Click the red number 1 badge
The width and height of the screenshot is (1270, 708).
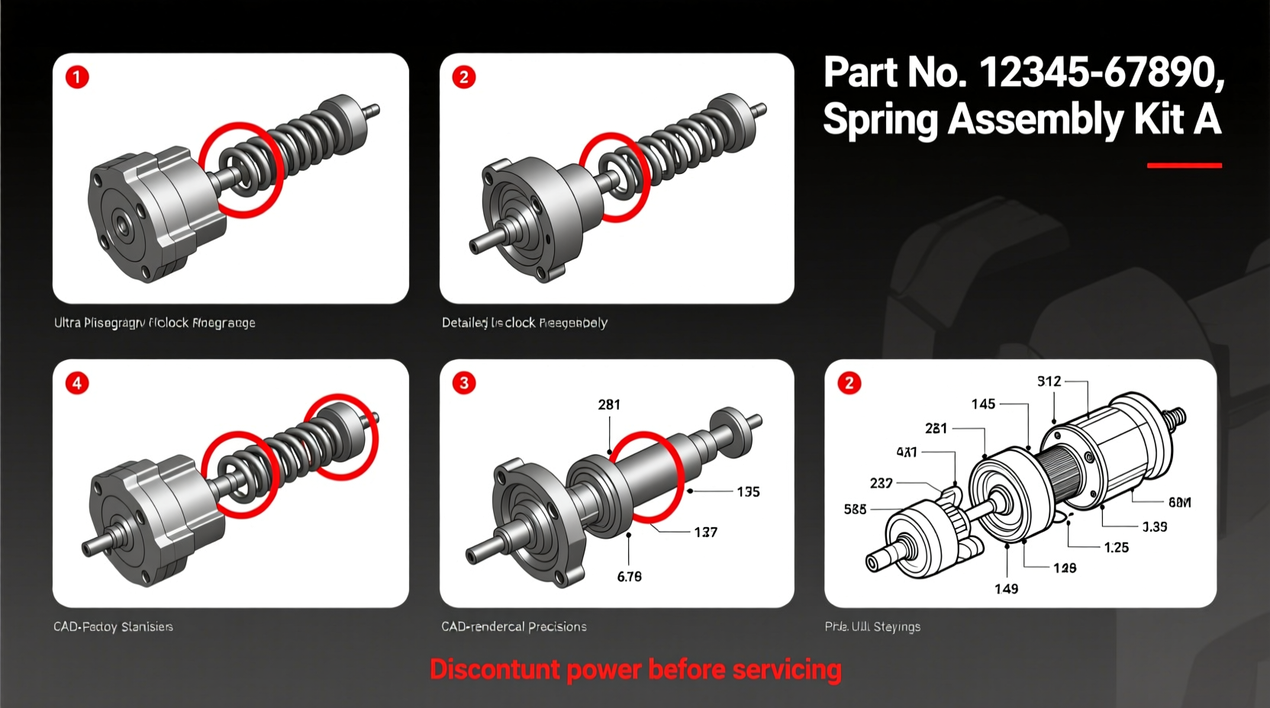click(77, 77)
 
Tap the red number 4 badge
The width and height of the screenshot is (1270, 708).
click(77, 383)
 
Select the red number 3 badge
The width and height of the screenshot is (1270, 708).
click(464, 383)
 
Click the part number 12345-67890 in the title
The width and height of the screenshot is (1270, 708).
click(1101, 72)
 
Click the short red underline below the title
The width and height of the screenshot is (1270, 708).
click(1184, 165)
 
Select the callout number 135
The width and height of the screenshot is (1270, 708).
click(748, 492)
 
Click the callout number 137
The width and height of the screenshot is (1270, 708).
click(705, 533)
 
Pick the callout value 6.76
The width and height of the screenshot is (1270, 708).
click(629, 577)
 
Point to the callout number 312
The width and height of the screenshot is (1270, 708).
click(1049, 381)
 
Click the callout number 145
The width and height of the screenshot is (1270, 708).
click(983, 404)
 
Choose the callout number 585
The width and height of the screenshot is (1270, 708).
click(855, 509)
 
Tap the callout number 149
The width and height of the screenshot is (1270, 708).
click(1006, 589)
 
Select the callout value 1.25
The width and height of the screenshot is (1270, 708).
click(1116, 548)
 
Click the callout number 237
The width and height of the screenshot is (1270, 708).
click(881, 483)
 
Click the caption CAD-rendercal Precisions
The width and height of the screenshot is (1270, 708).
click(514, 626)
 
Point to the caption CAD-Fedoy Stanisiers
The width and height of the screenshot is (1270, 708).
click(113, 626)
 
